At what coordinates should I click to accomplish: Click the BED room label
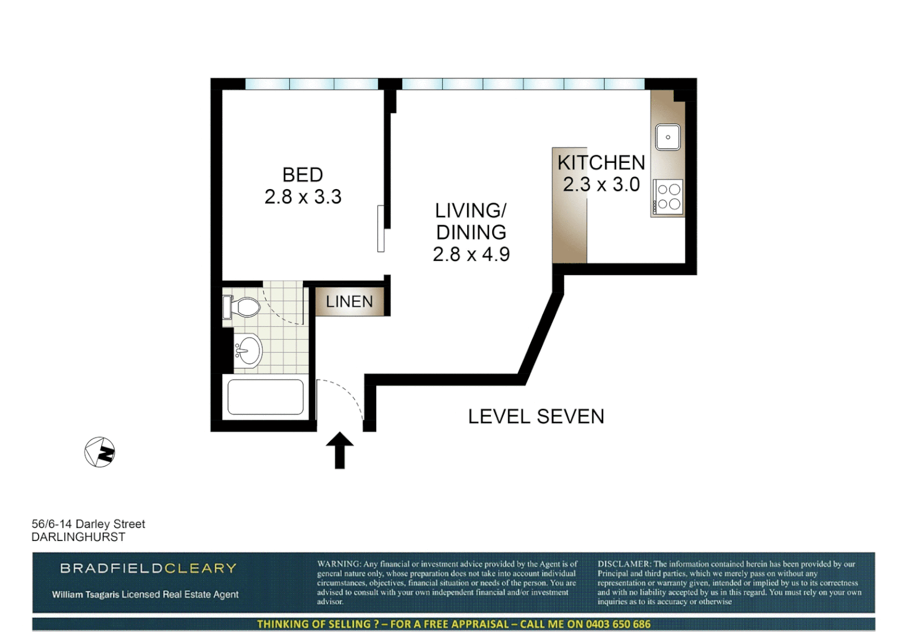click(302, 175)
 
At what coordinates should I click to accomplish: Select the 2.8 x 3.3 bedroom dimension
click(302, 197)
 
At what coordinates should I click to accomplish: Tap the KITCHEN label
click(601, 162)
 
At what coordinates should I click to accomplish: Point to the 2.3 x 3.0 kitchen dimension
click(601, 185)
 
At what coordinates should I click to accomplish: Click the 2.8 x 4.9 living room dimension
click(471, 254)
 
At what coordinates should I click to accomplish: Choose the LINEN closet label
click(349, 302)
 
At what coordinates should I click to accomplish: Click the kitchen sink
click(668, 137)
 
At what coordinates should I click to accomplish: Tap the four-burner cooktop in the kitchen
click(668, 197)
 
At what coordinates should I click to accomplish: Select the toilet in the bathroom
click(242, 307)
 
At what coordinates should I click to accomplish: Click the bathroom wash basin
click(249, 351)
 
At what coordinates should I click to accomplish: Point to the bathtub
click(266, 396)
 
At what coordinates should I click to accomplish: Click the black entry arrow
click(340, 450)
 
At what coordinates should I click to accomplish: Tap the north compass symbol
click(100, 452)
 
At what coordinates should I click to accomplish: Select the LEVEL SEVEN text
click(536, 417)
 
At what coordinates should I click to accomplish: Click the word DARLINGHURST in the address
click(78, 537)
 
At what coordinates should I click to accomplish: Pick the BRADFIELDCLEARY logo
click(149, 568)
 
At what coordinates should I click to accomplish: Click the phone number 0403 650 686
click(618, 624)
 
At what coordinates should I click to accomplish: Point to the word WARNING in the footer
click(339, 564)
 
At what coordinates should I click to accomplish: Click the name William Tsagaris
click(85, 594)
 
